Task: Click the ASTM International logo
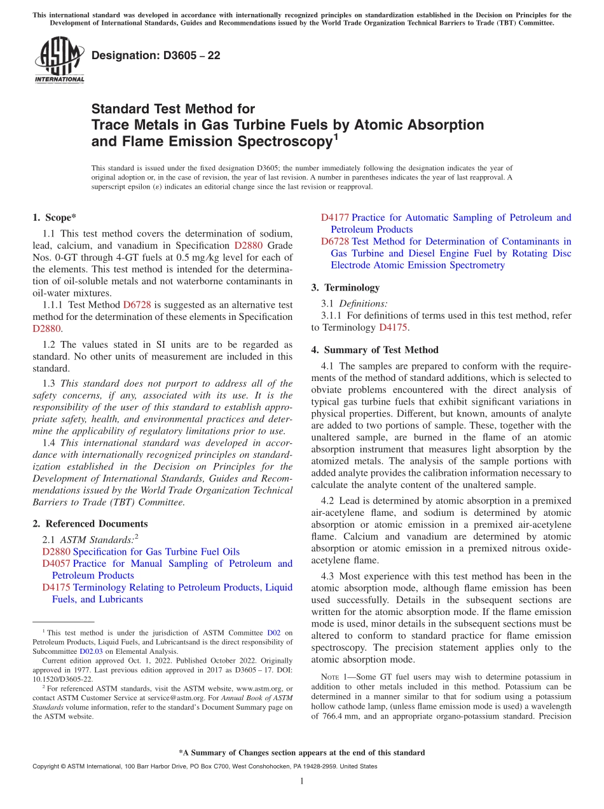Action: (58, 59)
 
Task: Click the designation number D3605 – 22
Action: (156, 55)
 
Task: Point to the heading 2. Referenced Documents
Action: (90, 523)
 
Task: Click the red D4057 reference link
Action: (56, 564)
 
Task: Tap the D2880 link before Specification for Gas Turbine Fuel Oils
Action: (56, 551)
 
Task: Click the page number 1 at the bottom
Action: (301, 781)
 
